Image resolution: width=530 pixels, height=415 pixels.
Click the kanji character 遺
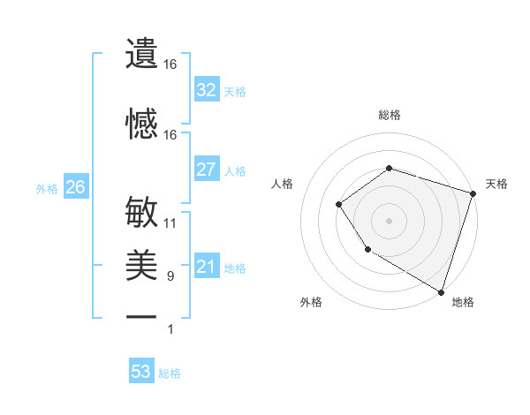(141, 55)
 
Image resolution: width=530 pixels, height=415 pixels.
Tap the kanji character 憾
(141, 124)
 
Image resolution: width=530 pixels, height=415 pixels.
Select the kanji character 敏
(141, 213)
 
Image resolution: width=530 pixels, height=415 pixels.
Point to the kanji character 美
(141, 265)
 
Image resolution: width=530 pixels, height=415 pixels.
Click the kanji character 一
(141, 316)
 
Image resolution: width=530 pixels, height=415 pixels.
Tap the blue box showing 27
(207, 170)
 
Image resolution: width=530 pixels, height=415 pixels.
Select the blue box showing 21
(207, 267)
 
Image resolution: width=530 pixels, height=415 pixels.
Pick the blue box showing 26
(75, 187)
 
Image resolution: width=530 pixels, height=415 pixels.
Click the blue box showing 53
(141, 372)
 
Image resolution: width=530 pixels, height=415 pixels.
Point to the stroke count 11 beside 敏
(170, 223)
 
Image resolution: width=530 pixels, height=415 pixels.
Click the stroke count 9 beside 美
(170, 276)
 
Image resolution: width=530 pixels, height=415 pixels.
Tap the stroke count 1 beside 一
(170, 329)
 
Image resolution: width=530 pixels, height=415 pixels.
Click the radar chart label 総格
(389, 115)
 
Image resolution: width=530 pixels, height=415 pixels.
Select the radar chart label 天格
(496, 184)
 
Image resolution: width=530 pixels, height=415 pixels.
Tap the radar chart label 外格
(311, 302)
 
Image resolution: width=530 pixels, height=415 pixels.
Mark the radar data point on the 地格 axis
(441, 290)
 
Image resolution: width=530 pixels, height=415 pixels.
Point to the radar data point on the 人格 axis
(339, 205)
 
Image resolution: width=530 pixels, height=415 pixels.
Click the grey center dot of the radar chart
(389, 221)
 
